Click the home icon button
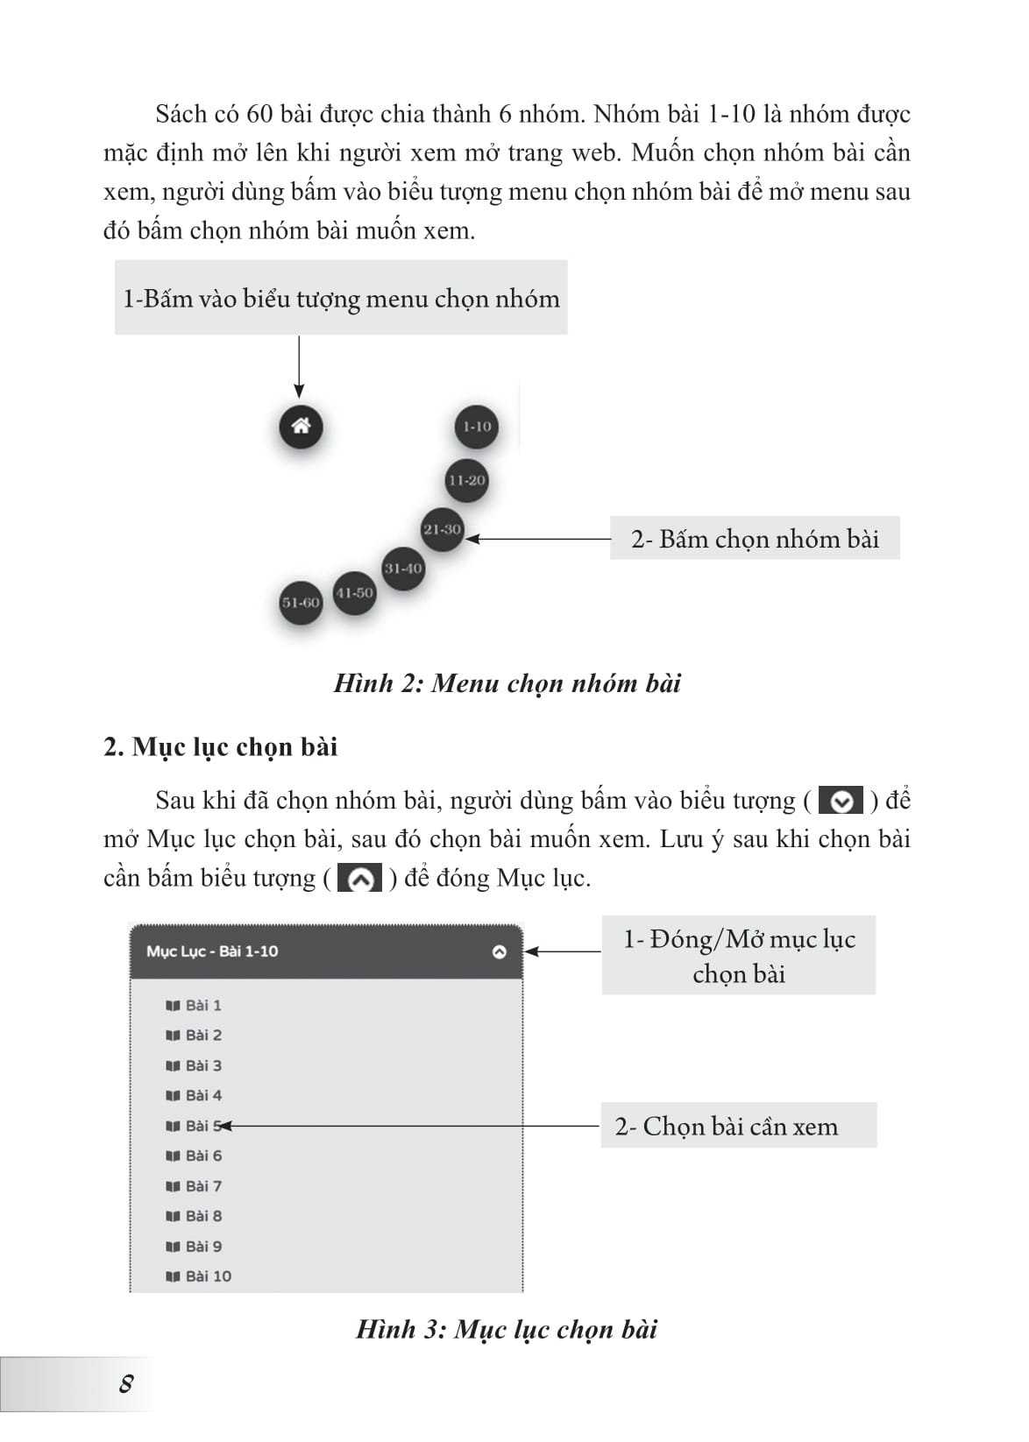point(301,427)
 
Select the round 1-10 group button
point(477,427)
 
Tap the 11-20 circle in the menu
point(466,480)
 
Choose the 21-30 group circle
point(442,529)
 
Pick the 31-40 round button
point(403,568)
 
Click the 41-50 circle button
point(354,592)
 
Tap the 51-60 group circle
point(301,602)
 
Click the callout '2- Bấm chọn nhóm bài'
point(755,539)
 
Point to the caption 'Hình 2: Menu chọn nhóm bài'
point(507,683)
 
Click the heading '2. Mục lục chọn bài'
point(220,746)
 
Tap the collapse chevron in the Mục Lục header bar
point(500,951)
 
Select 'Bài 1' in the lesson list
point(203,1005)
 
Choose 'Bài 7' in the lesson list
point(203,1186)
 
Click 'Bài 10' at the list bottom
point(209,1276)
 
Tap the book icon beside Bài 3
point(173,1066)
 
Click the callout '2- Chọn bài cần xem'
point(727,1126)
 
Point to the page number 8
point(126,1384)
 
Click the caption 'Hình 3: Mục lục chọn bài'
point(507,1329)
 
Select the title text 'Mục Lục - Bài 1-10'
point(212,951)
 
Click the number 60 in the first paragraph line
point(259,115)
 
